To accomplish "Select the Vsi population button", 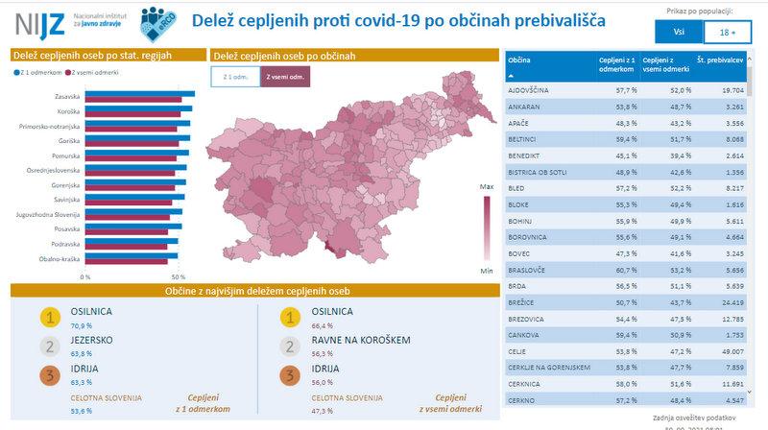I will click(x=678, y=32).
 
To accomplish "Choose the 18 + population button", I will click(x=727, y=32).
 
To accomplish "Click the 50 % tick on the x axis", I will click(x=179, y=276).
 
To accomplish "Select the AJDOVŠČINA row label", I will click(x=528, y=89).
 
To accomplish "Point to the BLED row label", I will click(x=516, y=188).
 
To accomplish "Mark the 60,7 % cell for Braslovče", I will click(x=614, y=271).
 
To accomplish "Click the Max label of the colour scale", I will click(x=487, y=185).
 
